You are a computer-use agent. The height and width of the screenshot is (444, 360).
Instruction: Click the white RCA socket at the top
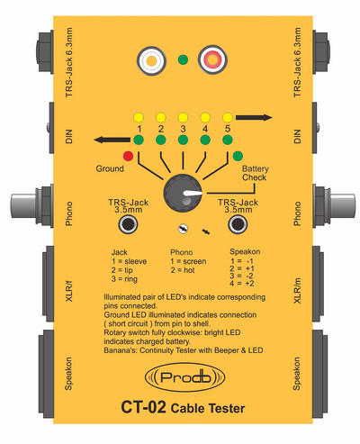[151, 60]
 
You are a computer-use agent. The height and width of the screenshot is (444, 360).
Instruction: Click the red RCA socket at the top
[212, 59]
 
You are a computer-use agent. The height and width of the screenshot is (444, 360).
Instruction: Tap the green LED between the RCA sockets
[183, 59]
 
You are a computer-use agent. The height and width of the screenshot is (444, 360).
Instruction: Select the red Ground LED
[128, 156]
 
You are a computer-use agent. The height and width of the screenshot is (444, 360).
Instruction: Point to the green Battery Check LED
[238, 156]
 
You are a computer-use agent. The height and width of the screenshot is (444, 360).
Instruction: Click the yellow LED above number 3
[183, 117]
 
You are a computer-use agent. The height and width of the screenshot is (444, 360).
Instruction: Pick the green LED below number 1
[139, 140]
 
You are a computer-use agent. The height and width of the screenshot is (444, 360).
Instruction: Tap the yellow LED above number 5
[228, 117]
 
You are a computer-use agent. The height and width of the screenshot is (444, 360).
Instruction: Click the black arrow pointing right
[254, 117]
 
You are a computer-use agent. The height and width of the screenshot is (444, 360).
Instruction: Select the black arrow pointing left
[112, 140]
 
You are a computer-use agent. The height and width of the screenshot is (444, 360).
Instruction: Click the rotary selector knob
[183, 194]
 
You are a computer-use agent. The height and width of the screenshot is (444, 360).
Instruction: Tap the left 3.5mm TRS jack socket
[128, 224]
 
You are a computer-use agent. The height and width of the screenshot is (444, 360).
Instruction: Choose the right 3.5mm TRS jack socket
[238, 224]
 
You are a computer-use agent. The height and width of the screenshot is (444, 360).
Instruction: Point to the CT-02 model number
[143, 407]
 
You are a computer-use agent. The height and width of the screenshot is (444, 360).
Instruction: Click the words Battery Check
[255, 173]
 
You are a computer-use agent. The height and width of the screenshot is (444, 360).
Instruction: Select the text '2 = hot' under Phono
[183, 270]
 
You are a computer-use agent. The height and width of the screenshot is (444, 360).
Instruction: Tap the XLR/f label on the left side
[69, 291]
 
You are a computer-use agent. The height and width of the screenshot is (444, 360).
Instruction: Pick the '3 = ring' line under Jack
[124, 279]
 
